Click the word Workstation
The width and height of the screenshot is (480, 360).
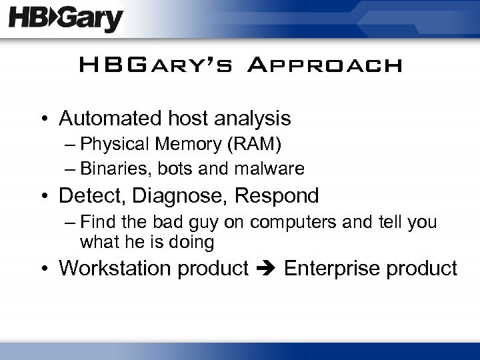[111, 269]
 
